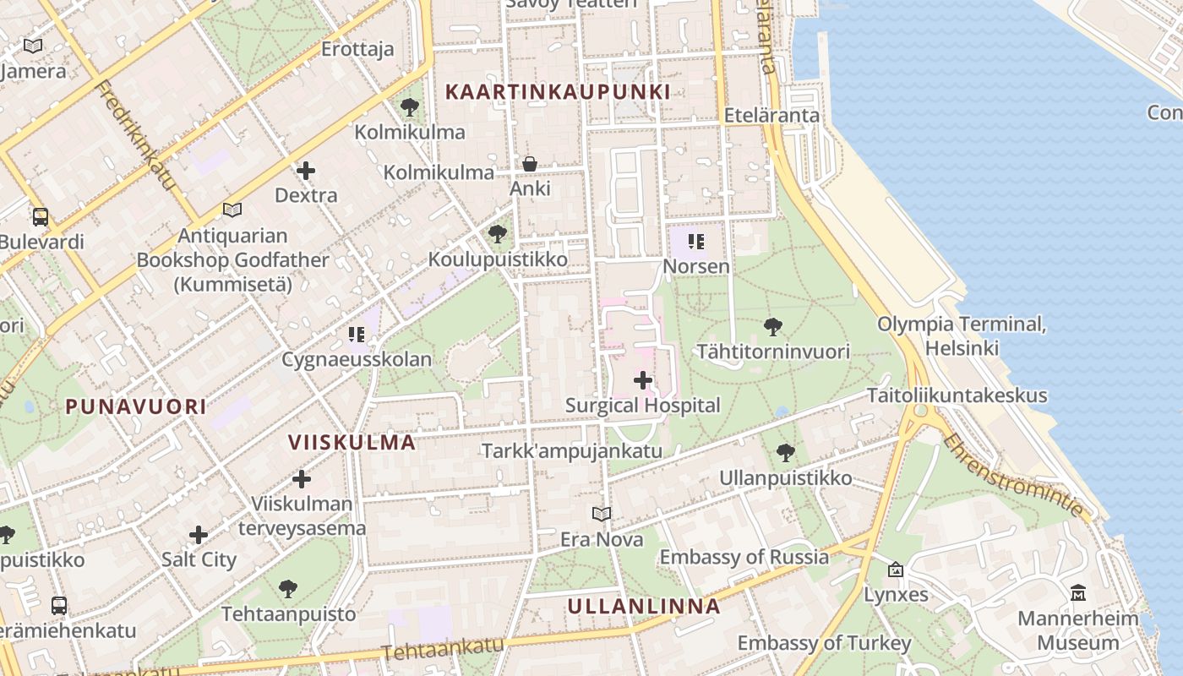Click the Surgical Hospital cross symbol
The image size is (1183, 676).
pos(643,380)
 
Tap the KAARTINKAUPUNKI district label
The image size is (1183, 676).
pos(558,92)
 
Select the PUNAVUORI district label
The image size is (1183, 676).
pos(136,406)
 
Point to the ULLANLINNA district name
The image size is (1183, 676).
pos(644,606)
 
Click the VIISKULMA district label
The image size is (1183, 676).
pos(352,442)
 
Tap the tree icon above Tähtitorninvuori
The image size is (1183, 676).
pos(772,327)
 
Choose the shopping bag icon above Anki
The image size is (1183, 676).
pos(530,163)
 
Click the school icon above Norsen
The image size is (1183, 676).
pos(695,243)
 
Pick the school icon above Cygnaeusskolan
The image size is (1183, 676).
pos(357,335)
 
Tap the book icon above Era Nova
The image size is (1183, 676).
pos(602,514)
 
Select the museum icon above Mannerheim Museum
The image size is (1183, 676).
pos(1078,593)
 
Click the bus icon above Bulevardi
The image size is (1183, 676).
pos(40,217)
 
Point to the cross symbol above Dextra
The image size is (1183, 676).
pos(306,171)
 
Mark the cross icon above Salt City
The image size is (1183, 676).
pos(199,535)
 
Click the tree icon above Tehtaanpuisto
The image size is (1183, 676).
pos(288,588)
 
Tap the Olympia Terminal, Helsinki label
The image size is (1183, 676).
pos(962,335)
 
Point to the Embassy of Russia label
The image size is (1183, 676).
pos(744,557)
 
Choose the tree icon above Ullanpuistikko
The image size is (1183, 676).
pos(786,453)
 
